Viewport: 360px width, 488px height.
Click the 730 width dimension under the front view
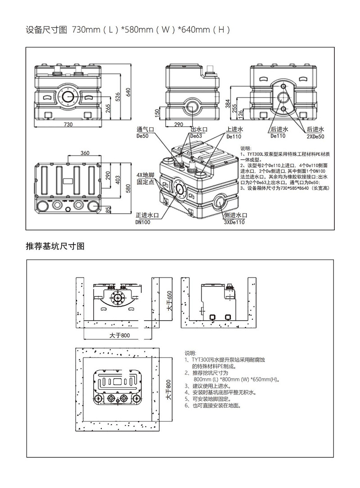[68, 124]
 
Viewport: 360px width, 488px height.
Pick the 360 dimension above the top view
[85, 153]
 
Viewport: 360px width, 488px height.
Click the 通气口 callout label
[145, 129]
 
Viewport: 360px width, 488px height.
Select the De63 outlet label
[196, 135]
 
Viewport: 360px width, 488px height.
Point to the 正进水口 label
[146, 215]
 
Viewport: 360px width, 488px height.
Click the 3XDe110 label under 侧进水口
[234, 222]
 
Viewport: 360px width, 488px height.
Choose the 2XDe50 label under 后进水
[315, 136]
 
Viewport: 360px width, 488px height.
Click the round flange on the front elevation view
[68, 96]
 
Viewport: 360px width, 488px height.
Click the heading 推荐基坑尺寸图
[55, 246]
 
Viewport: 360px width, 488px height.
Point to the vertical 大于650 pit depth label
[170, 302]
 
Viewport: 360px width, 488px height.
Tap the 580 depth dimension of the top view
[128, 187]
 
